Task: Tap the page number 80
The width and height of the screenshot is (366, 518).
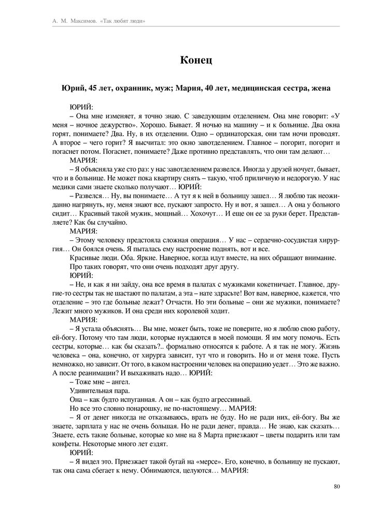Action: (x=336, y=486)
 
